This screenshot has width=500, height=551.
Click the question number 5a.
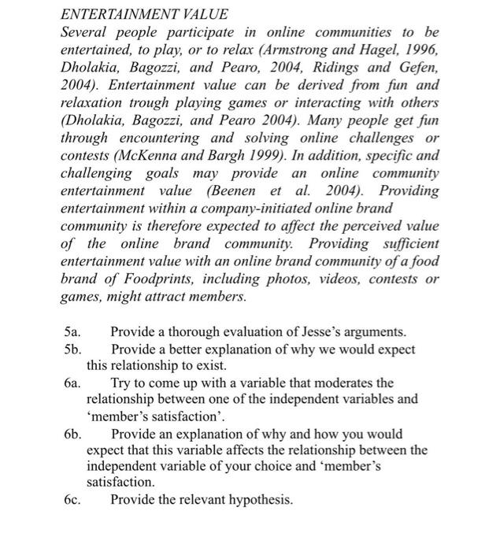(72, 332)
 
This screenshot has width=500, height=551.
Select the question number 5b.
(72, 349)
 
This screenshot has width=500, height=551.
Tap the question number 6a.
(72, 383)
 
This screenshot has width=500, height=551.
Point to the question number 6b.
(72, 434)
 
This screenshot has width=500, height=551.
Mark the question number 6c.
(72, 500)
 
